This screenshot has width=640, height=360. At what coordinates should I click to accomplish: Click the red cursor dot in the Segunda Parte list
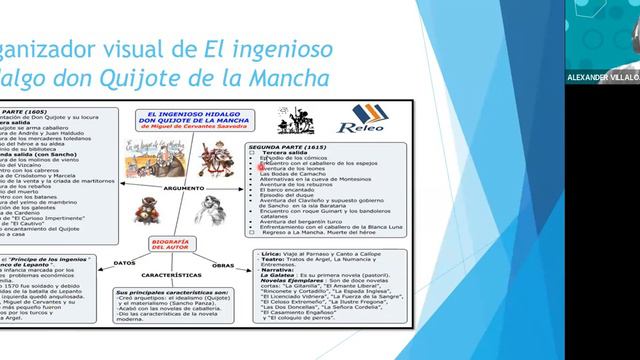pos(262,167)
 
